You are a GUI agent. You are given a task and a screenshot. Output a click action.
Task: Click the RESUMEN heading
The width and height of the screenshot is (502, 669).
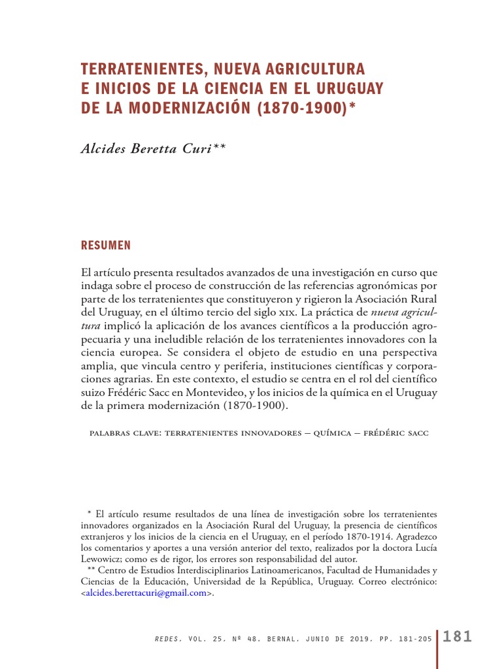click(105, 246)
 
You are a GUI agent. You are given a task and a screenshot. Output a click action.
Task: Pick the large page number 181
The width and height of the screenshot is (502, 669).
click(457, 636)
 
